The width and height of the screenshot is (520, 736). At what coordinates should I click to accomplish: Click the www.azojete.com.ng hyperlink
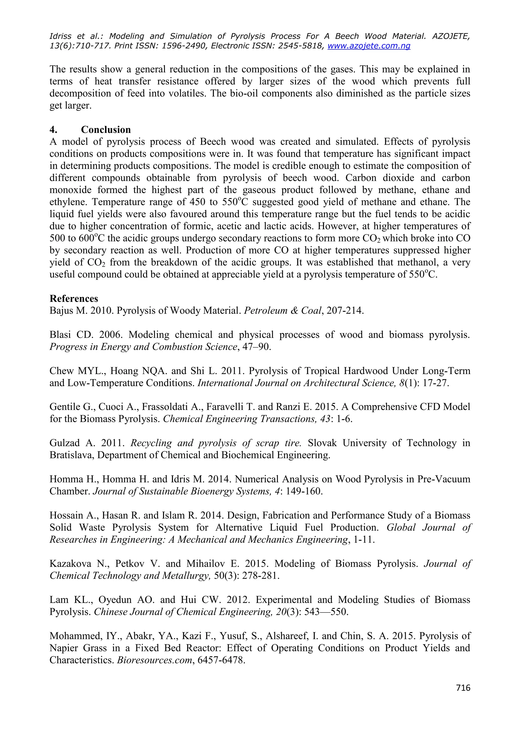(369, 46)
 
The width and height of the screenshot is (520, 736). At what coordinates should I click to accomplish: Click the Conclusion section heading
(106, 130)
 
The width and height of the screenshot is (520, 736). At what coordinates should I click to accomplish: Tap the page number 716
(463, 688)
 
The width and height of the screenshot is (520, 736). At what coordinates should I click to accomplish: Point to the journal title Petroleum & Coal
(282, 311)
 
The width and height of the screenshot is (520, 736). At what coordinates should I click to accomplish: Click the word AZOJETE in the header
(451, 36)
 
